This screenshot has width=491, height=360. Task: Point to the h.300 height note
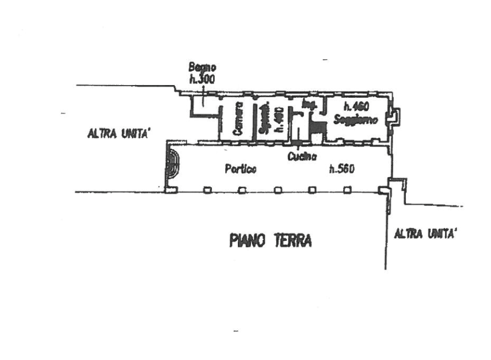tap(202, 80)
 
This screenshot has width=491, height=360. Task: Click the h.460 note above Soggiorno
tap(353, 105)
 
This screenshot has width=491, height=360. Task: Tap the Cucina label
tap(303, 156)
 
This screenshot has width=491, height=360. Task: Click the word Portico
tap(241, 170)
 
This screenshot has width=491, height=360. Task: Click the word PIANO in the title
tap(247, 241)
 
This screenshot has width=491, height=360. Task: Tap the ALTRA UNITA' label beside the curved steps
tap(118, 133)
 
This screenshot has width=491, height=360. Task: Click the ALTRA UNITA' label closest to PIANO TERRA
tap(425, 234)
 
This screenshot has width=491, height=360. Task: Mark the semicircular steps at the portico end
tap(172, 164)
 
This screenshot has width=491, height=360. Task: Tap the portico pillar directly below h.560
tap(347, 190)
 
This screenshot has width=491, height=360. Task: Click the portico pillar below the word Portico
tap(242, 190)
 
